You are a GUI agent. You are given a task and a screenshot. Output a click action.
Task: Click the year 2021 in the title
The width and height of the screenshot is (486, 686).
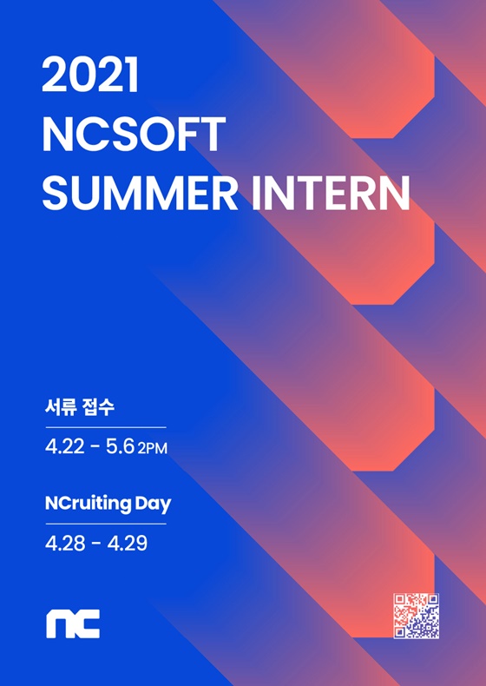[x=90, y=75]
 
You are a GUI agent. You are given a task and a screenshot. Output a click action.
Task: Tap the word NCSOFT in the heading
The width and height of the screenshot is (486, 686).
[x=134, y=135]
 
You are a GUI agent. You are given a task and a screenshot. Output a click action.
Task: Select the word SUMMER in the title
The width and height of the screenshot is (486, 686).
[x=140, y=193]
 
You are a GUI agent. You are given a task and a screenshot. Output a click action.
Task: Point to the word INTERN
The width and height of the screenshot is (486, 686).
[x=331, y=193]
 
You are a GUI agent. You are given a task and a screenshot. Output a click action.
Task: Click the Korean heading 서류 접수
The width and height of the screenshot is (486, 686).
[x=80, y=407]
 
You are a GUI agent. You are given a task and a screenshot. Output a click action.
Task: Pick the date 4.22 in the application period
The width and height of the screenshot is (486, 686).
[x=65, y=447]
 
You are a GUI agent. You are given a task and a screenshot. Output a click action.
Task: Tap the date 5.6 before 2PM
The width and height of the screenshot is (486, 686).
[x=120, y=447]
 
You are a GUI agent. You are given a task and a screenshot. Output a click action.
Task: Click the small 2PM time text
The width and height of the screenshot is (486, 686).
[x=152, y=449]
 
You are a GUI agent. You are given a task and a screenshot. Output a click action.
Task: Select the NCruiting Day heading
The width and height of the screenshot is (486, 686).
[x=108, y=504]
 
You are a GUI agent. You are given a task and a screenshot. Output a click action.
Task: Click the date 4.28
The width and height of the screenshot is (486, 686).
[x=65, y=544]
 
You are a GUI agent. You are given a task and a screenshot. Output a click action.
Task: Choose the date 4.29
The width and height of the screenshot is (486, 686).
[x=128, y=544]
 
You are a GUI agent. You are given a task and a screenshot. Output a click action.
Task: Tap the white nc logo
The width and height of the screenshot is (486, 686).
[x=73, y=623]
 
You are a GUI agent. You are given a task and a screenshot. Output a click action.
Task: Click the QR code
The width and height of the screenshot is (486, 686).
[x=416, y=616]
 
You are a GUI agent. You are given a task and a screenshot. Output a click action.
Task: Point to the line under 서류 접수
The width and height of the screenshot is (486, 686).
[x=106, y=427]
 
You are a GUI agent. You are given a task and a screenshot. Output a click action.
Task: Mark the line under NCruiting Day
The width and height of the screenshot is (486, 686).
[x=106, y=524]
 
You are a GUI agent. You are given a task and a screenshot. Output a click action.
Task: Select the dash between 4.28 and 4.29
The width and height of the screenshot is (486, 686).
[x=96, y=544]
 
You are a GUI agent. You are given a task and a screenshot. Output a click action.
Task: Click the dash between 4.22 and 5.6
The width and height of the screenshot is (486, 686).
[x=95, y=448]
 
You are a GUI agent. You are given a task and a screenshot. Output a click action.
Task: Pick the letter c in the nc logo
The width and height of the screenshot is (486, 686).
[x=87, y=623]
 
